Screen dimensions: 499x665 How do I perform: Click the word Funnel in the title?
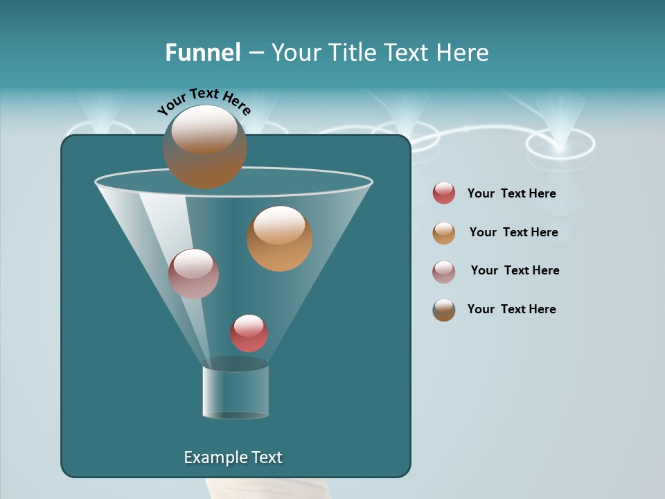coord(202,53)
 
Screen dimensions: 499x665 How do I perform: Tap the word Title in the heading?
coord(351,53)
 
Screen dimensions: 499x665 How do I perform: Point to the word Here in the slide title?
coord(461,53)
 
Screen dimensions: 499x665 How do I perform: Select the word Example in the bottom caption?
coord(212,457)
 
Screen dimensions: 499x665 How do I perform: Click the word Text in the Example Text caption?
coord(265,457)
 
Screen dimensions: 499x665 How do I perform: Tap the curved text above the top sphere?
coord(204,101)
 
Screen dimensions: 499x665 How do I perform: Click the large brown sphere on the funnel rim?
coord(204,147)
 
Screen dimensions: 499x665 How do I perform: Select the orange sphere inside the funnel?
coord(279,238)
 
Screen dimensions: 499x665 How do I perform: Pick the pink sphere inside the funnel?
coord(193,273)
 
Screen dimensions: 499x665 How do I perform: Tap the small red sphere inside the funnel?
coord(249,333)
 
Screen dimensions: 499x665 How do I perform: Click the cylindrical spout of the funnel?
coord(236,392)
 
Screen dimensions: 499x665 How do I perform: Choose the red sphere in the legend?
coord(444,193)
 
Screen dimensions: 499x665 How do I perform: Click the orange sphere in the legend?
coord(444,233)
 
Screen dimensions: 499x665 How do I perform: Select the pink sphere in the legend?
coord(444,271)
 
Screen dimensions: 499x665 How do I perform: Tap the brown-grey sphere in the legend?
coord(444,310)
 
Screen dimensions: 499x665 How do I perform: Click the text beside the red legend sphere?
coord(511,193)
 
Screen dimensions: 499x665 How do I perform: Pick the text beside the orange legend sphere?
coord(513,232)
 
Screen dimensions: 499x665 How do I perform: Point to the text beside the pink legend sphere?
coord(515,270)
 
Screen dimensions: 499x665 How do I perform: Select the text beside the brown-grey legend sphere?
coord(511,309)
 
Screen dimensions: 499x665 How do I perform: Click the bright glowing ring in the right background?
coord(560,144)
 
